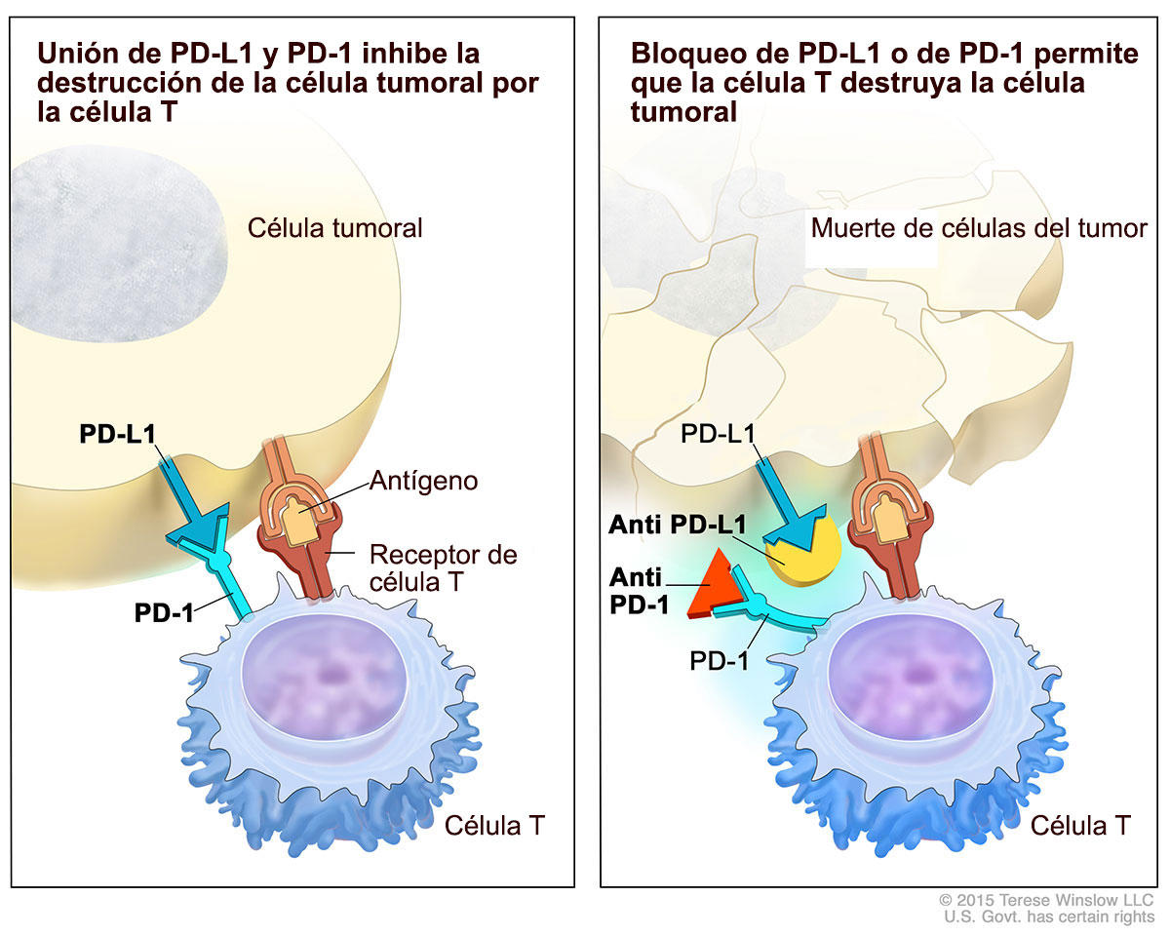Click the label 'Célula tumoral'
(x=334, y=228)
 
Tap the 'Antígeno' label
(x=422, y=481)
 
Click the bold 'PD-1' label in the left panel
(x=163, y=613)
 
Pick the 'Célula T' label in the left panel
(x=493, y=826)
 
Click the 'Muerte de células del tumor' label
(x=978, y=228)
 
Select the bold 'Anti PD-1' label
(x=639, y=590)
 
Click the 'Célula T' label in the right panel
(x=1080, y=826)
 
